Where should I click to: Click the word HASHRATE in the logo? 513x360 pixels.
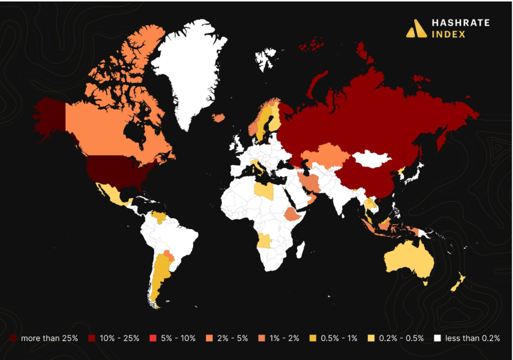460,23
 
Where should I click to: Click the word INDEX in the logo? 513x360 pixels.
448,35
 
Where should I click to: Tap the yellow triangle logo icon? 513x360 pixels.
416,29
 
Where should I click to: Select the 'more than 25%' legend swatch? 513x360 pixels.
14,338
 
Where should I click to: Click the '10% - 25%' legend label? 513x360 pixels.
119,338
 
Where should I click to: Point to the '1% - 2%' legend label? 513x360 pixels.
284,338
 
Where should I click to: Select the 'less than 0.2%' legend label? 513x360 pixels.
473,338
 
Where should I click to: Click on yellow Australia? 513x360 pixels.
408,261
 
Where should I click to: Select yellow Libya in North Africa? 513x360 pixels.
264,191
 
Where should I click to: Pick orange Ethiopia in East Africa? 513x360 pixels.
293,215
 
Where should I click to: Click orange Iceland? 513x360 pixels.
218,117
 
